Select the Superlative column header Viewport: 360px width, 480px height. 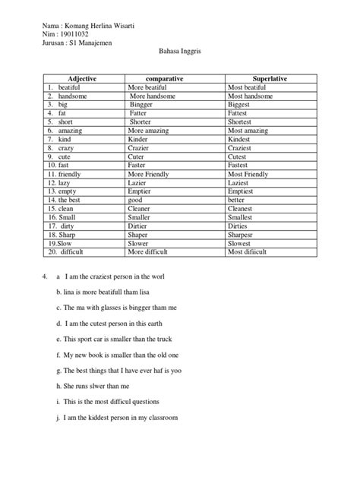click(259, 79)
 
